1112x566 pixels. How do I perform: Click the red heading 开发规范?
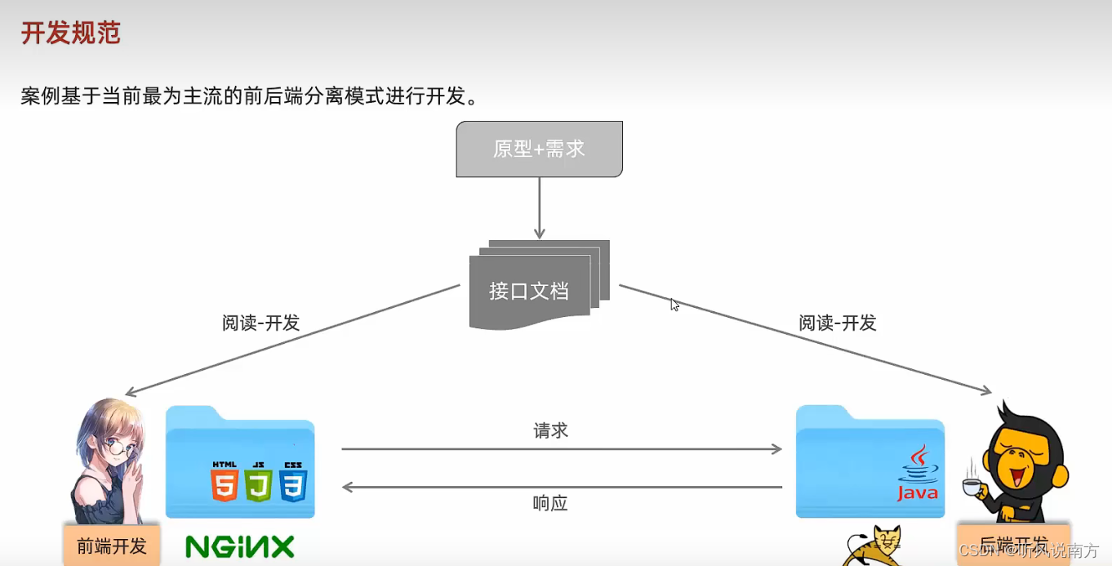click(71, 33)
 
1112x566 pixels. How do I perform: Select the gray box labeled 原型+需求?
click(539, 149)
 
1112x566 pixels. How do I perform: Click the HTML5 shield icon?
click(224, 482)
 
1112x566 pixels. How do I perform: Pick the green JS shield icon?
click(258, 482)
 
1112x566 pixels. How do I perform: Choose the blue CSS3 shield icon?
click(292, 482)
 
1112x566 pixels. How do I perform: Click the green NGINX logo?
click(239, 546)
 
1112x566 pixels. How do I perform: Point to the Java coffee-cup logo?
click(919, 474)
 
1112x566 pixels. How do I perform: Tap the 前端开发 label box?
click(112, 546)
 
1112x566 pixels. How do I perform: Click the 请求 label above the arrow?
click(550, 430)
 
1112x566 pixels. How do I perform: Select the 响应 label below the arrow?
click(550, 503)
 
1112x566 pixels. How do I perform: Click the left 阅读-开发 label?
click(261, 323)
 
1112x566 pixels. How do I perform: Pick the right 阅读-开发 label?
click(838, 323)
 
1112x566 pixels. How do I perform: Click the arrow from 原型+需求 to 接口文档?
click(539, 207)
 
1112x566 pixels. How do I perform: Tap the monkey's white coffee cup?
click(971, 488)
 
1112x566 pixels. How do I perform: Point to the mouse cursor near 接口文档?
click(674, 304)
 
